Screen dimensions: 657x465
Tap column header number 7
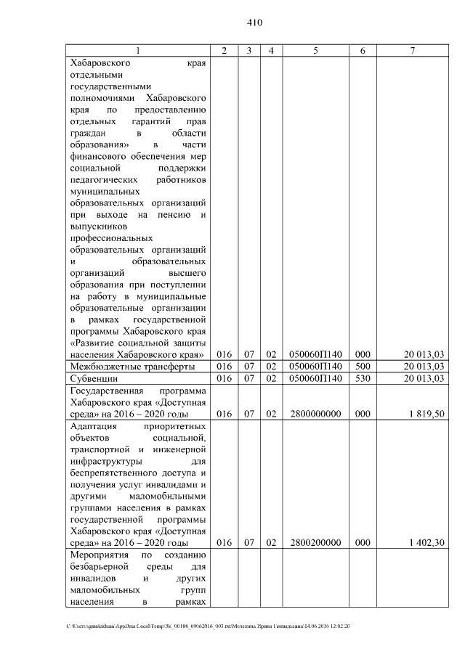(412, 50)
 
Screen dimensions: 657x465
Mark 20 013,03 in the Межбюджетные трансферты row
(424, 367)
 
